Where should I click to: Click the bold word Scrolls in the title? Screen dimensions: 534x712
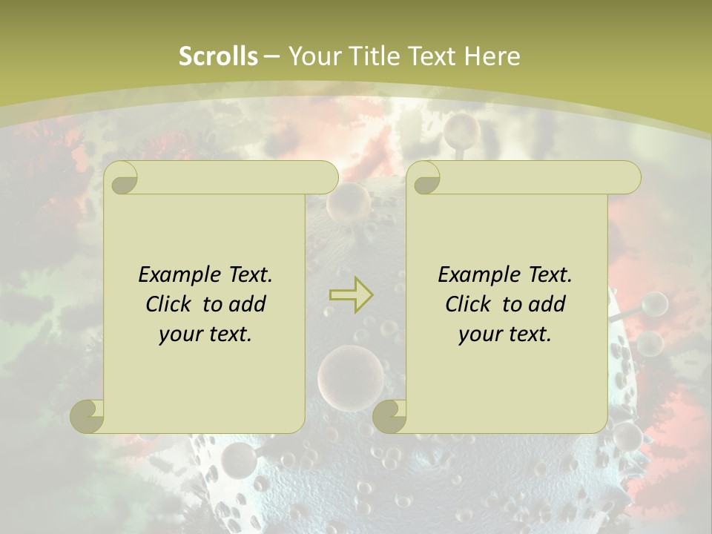[x=218, y=56]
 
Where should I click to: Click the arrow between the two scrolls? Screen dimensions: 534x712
[x=351, y=294]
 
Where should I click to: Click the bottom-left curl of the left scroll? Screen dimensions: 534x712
[x=87, y=416]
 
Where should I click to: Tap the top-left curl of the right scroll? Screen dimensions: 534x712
[x=426, y=179]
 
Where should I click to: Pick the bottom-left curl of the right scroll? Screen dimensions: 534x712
[x=389, y=416]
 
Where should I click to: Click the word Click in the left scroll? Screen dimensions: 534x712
[x=170, y=304]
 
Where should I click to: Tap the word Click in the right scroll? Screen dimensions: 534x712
[x=469, y=304]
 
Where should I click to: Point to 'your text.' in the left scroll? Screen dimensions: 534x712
[x=205, y=334]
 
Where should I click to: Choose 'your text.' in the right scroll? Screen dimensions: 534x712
[x=505, y=334]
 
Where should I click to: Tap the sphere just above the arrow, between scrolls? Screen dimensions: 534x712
[x=349, y=201]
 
